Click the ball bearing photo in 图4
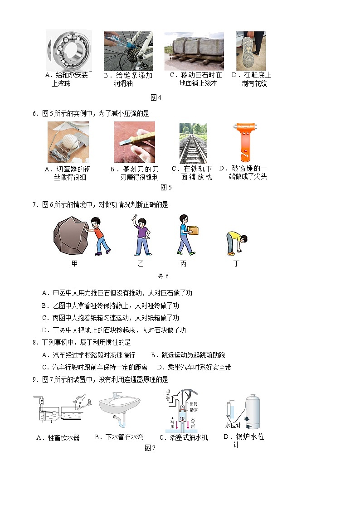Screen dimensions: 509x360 69,50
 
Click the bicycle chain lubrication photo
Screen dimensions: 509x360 128,51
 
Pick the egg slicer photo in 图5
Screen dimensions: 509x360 68,142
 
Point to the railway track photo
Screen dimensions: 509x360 193,143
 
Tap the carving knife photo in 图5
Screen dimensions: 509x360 134,142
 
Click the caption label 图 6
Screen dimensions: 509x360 163,276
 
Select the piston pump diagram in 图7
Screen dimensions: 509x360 182,410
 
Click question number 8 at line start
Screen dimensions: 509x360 34,342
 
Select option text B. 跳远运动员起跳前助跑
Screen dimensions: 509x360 188,355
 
